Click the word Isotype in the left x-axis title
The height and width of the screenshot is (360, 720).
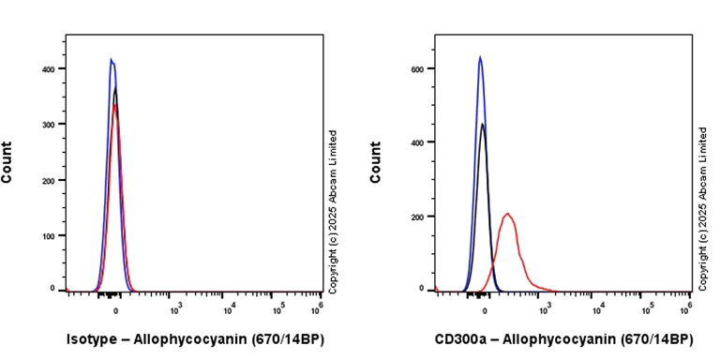click(93, 339)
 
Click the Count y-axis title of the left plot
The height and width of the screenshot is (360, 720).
click(7, 162)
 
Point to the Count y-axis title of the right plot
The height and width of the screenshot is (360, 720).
click(376, 162)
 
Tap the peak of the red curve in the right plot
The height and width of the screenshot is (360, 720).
click(508, 214)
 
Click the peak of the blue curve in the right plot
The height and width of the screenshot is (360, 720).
click(480, 57)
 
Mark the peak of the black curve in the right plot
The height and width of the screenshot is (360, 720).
click(483, 124)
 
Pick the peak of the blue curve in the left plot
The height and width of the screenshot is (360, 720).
click(112, 60)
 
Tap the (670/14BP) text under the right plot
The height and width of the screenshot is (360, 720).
click(654, 339)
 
